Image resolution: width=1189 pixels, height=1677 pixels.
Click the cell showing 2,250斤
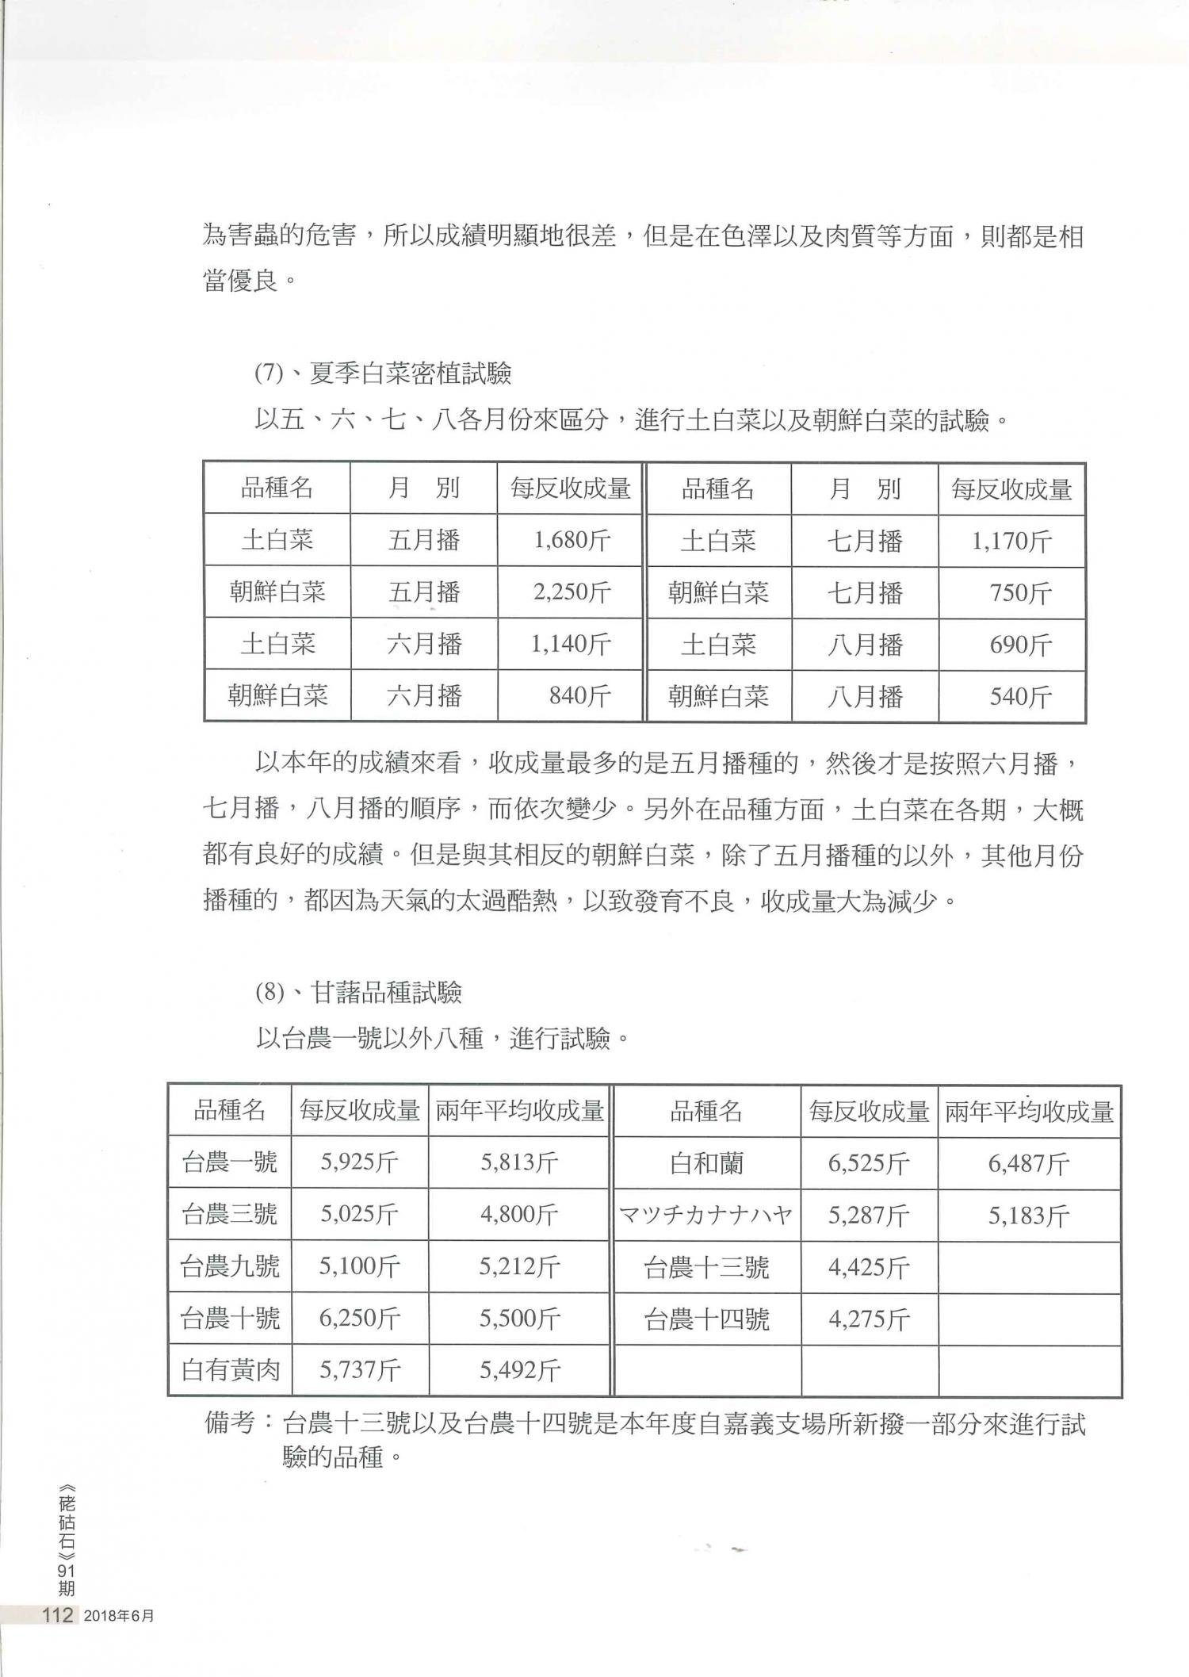point(572,592)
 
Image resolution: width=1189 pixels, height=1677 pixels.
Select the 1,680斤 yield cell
point(572,541)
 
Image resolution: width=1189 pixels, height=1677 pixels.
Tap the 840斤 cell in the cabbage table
point(579,696)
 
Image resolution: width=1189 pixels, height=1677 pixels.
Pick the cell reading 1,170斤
point(1011,542)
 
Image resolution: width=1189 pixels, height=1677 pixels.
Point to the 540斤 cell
point(1020,697)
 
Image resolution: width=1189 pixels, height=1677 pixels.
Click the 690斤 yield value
point(1020,645)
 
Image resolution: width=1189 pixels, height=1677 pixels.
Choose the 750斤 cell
point(1020,593)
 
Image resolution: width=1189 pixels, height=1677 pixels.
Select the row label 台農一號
point(230,1162)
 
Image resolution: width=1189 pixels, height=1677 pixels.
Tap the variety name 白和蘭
point(706,1164)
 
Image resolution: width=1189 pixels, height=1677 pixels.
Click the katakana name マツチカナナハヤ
point(705,1215)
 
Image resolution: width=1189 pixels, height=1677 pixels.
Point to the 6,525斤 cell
point(869,1164)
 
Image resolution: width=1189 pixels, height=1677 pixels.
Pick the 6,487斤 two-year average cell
point(1029,1164)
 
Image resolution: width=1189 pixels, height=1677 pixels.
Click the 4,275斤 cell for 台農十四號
point(869,1319)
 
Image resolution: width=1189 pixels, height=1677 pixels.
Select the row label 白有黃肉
point(231,1370)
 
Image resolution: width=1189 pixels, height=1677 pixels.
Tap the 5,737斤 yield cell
point(360,1370)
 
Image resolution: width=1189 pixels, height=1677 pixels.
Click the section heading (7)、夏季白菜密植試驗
point(383,373)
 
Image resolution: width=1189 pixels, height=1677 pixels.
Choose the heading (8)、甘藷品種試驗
point(358,993)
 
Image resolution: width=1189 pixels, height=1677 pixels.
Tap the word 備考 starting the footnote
point(228,1424)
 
